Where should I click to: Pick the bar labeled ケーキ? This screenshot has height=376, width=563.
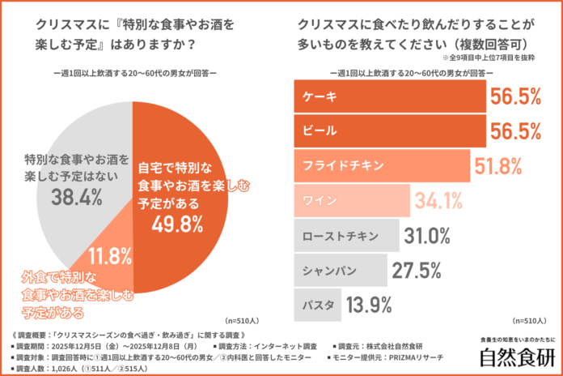(x=388, y=96)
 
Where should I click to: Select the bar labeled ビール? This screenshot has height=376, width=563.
(x=388, y=131)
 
